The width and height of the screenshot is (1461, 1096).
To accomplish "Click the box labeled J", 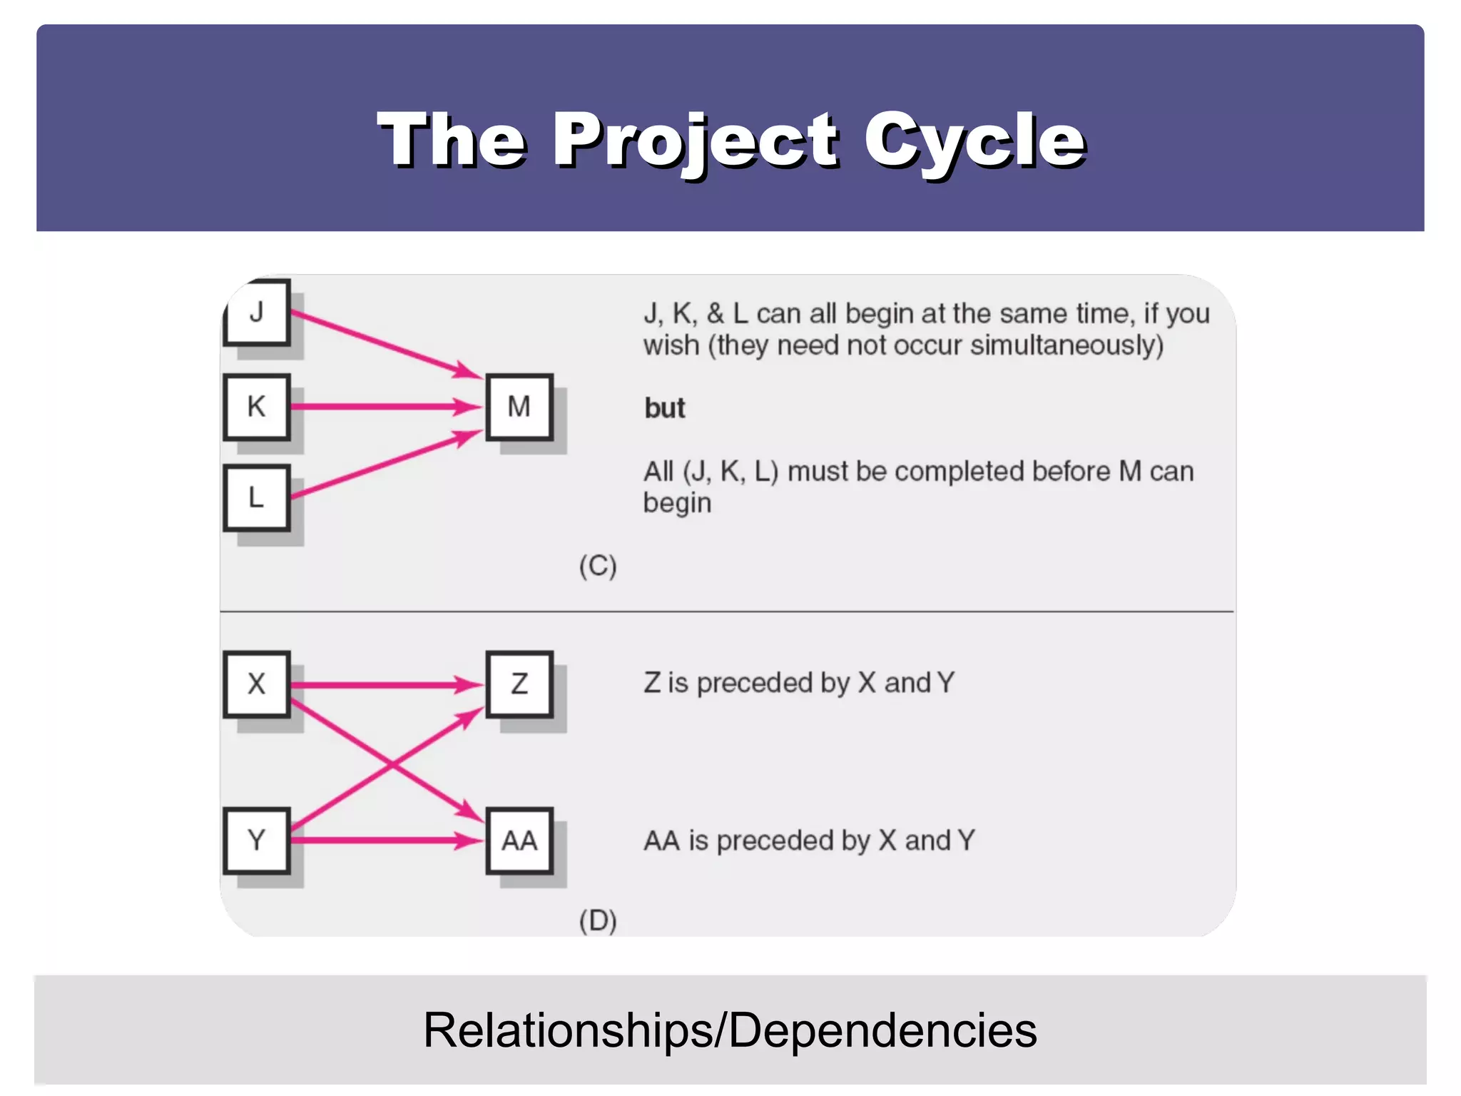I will [x=257, y=313].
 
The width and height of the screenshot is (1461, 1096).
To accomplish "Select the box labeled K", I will [x=257, y=407].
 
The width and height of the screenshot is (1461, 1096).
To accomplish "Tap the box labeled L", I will [x=257, y=497].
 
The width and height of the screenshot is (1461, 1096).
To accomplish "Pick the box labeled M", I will [x=519, y=407].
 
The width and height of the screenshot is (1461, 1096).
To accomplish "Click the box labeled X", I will [x=257, y=684].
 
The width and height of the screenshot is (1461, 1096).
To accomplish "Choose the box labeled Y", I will [x=257, y=840].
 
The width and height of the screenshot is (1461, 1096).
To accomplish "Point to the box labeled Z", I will [x=519, y=684].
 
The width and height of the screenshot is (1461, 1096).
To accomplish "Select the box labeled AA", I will [x=519, y=840].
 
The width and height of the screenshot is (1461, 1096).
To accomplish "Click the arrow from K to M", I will [x=385, y=407].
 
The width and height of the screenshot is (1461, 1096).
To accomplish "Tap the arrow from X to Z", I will [x=385, y=685].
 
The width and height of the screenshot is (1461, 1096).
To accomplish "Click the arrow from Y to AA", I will [x=385, y=841].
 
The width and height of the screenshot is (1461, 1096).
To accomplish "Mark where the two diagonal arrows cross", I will [x=392, y=766].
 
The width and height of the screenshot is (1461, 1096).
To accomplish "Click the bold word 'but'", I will [x=664, y=408].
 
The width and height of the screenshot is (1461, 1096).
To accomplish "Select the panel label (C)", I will [x=598, y=566].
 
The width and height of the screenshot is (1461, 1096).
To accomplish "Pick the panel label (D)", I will [x=598, y=920].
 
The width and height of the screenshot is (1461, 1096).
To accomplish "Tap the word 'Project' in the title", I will [x=696, y=141].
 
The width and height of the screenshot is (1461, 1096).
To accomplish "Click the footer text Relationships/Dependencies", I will [x=730, y=1030].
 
